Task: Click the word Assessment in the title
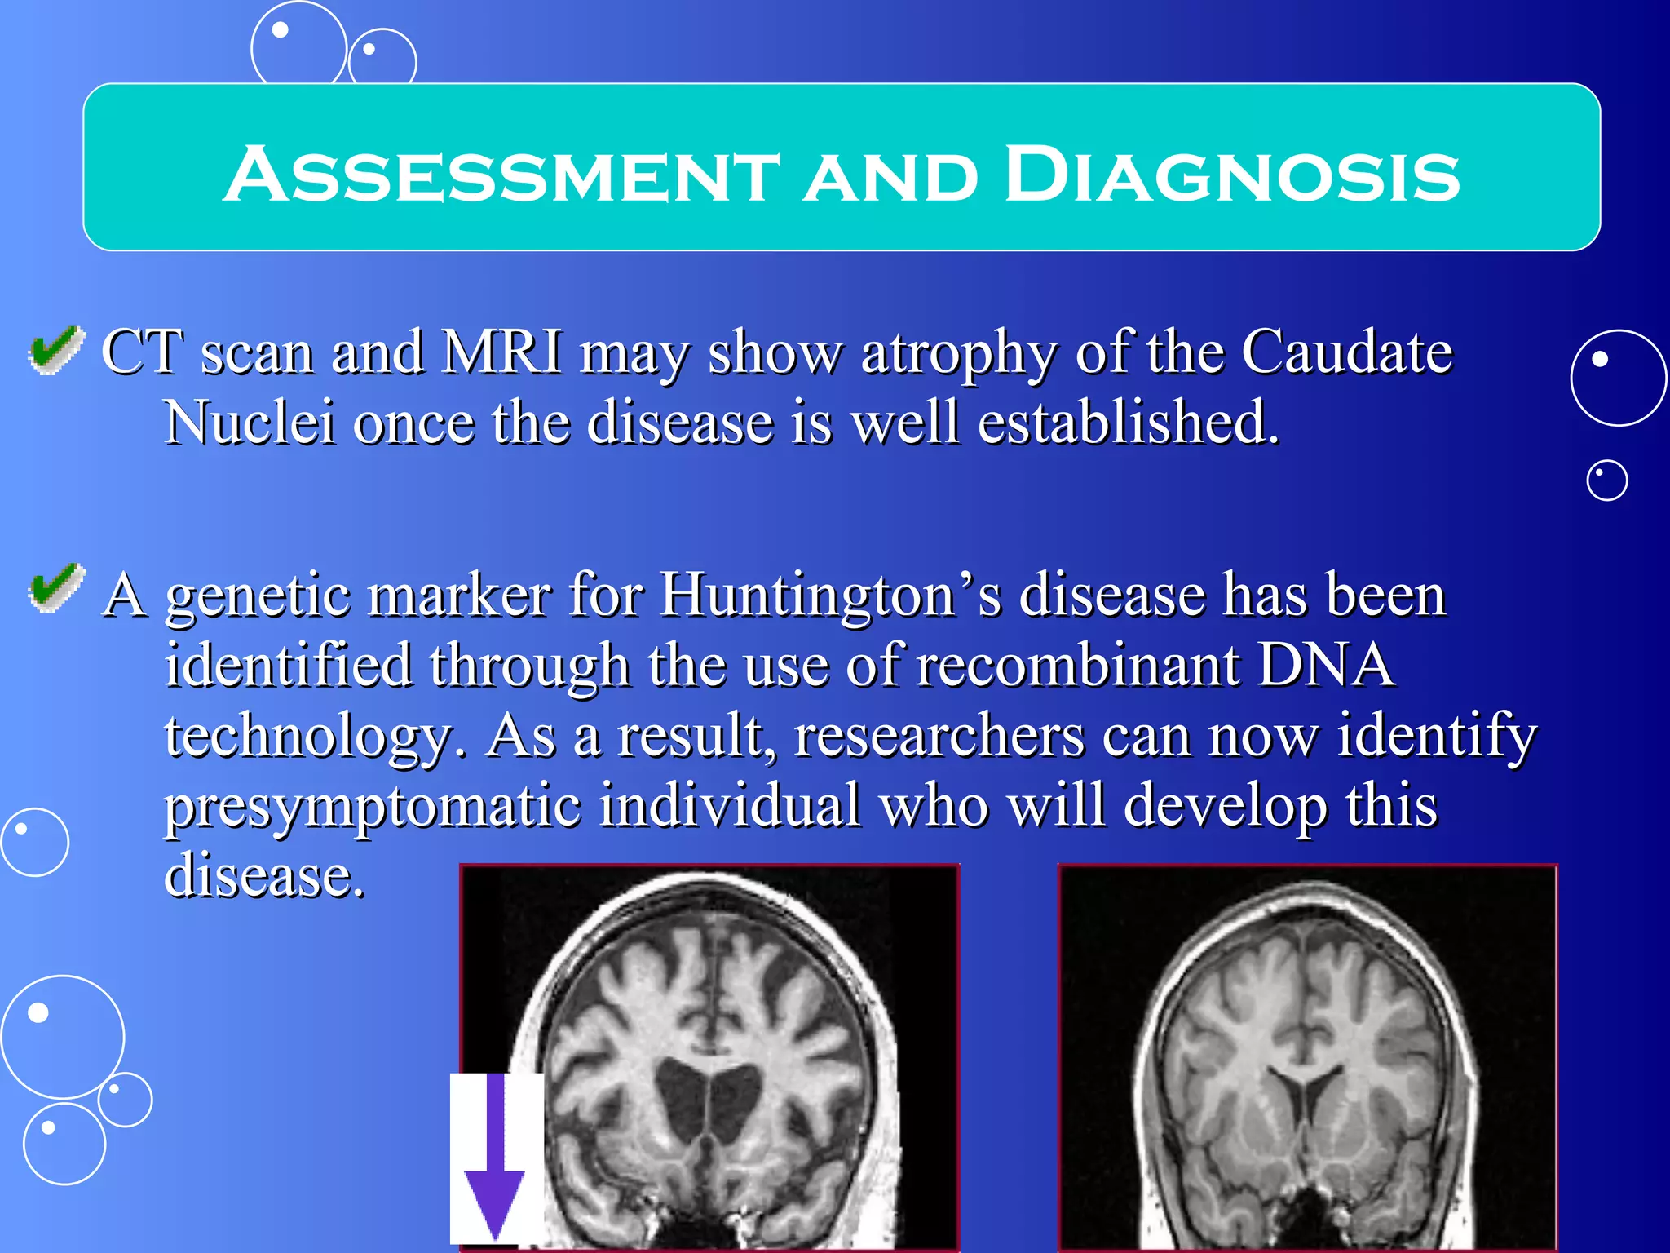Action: point(501,175)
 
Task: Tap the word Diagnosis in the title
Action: point(1231,175)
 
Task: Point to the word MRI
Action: point(501,352)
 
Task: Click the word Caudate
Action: point(1346,352)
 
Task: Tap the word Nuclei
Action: point(250,422)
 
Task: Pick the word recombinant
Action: point(1077,664)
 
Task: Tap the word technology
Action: point(314,737)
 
